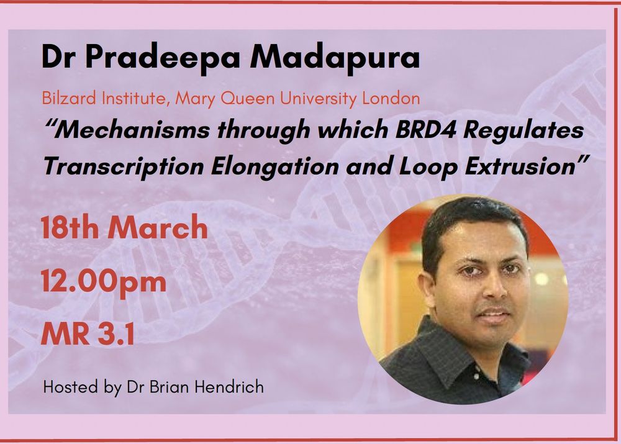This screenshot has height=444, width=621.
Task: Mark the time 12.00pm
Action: (x=104, y=282)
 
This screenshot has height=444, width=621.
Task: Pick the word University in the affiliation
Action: (x=325, y=98)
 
